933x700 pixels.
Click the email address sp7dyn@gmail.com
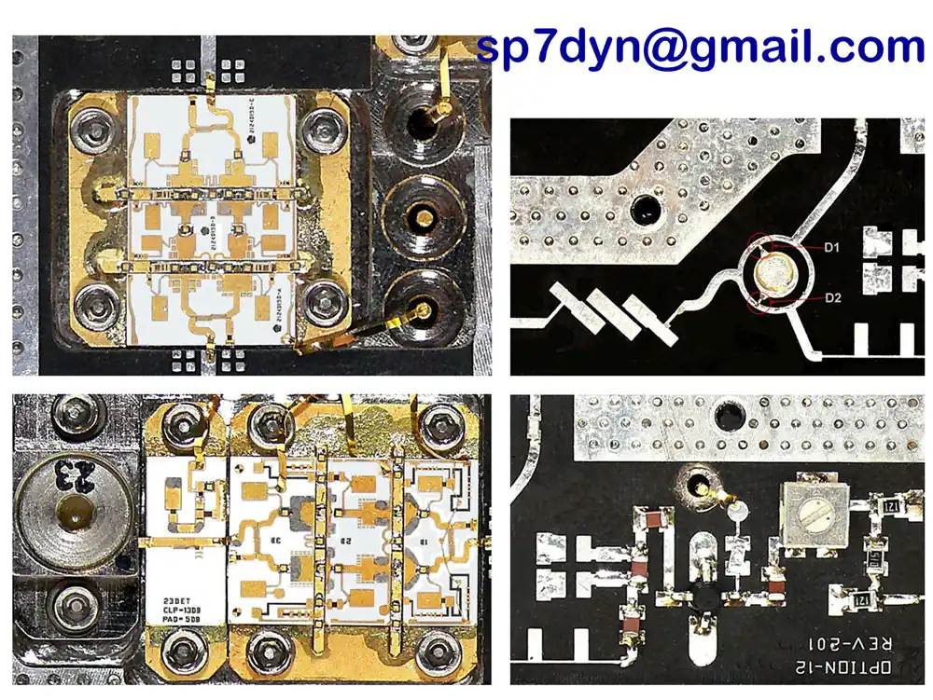click(x=700, y=46)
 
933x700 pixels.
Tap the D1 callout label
click(x=833, y=248)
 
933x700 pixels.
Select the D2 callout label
click(x=833, y=297)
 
